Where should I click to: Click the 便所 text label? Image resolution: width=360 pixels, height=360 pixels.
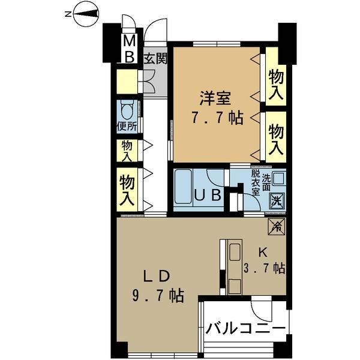(x=127, y=127)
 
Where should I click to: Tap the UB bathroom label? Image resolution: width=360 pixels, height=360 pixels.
(x=208, y=194)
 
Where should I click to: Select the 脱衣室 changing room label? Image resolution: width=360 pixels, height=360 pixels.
(x=254, y=185)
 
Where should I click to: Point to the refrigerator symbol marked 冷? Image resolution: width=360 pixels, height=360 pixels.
(x=276, y=226)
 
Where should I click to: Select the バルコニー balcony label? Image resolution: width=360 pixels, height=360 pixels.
(x=245, y=329)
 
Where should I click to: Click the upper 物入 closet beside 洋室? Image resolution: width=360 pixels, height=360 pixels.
(x=276, y=84)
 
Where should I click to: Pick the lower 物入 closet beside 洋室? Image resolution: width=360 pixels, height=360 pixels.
(x=276, y=139)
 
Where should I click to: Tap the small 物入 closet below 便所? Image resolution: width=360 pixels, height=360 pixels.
(x=127, y=150)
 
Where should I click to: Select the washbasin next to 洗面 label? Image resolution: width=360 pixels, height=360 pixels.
(x=278, y=179)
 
